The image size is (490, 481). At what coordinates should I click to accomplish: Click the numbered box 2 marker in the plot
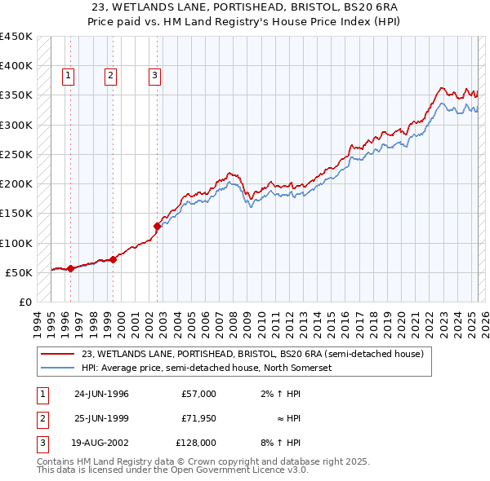tap(110, 77)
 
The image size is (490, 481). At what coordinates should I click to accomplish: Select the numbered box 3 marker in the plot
tap(154, 77)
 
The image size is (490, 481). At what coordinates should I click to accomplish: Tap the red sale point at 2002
tap(157, 227)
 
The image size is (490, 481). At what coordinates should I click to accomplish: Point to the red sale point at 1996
tap(71, 268)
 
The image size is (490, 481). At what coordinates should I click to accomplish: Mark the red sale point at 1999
tap(114, 259)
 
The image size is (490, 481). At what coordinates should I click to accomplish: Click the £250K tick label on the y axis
tap(16, 154)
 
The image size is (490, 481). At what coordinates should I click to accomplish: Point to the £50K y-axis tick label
tap(19, 272)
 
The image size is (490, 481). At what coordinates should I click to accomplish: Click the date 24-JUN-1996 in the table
tap(101, 394)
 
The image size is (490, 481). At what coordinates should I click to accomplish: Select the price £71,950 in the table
tap(198, 418)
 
